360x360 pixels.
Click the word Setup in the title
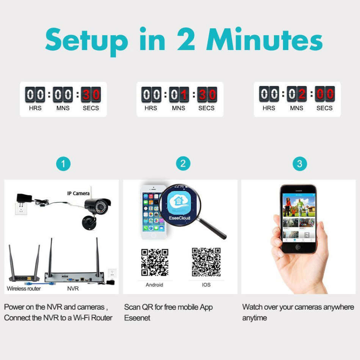(87, 40)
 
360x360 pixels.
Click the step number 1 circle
(63, 164)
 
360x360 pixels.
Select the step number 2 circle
(183, 164)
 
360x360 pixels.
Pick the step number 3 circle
(300, 164)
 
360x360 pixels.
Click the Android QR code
(155, 262)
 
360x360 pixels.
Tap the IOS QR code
(206, 262)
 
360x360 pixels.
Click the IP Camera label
(78, 193)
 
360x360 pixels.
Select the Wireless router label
(23, 288)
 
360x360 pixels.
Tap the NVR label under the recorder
(73, 288)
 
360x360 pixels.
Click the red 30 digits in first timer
(91, 94)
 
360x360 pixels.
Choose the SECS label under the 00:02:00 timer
(324, 108)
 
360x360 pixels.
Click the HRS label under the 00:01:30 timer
(151, 108)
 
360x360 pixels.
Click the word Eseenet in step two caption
(137, 318)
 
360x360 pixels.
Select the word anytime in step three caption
(255, 318)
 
